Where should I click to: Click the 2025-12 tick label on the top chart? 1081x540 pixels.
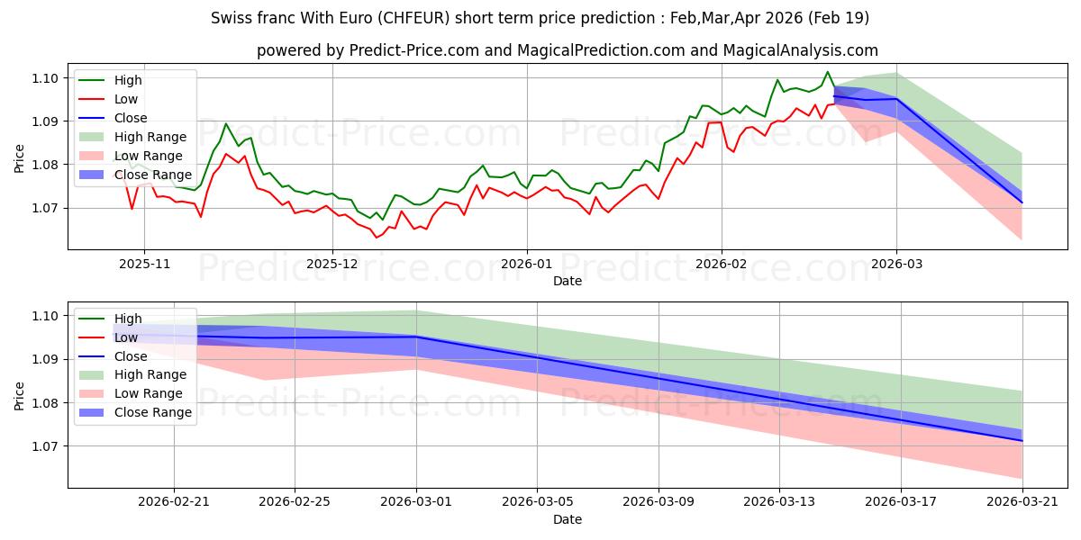pyautogui.click(x=332, y=265)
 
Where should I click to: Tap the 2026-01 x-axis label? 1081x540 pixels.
pyautogui.click(x=526, y=265)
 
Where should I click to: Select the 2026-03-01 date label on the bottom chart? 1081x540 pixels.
pyautogui.click(x=416, y=502)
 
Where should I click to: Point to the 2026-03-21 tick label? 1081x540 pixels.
pyautogui.click(x=1022, y=502)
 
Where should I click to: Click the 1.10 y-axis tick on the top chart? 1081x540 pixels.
pyautogui.click(x=45, y=78)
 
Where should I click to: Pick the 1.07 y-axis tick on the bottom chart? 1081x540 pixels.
pyautogui.click(x=45, y=446)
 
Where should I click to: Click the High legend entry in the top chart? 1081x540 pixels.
pyautogui.click(x=128, y=80)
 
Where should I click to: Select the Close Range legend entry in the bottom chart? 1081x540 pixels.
pyautogui.click(x=152, y=413)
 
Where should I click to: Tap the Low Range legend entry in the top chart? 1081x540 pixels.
pyautogui.click(x=148, y=156)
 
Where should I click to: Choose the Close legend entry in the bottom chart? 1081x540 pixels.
pyautogui.click(x=131, y=356)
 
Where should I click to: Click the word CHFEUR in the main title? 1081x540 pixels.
pyautogui.click(x=413, y=18)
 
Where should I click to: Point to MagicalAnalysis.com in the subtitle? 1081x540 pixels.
pyautogui.click(x=800, y=50)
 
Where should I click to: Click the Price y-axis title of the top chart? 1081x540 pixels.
pyautogui.click(x=19, y=158)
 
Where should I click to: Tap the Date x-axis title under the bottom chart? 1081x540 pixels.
pyautogui.click(x=567, y=519)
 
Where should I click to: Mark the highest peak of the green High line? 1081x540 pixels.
pyautogui.click(x=827, y=72)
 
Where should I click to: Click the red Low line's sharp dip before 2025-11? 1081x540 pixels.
pyautogui.click(x=132, y=208)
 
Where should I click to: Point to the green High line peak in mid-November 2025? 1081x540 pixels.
pyautogui.click(x=225, y=123)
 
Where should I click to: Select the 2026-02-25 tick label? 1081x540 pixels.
pyautogui.click(x=295, y=502)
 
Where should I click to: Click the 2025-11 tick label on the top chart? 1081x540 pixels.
pyautogui.click(x=144, y=265)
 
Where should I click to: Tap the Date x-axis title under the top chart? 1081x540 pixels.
pyautogui.click(x=567, y=281)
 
